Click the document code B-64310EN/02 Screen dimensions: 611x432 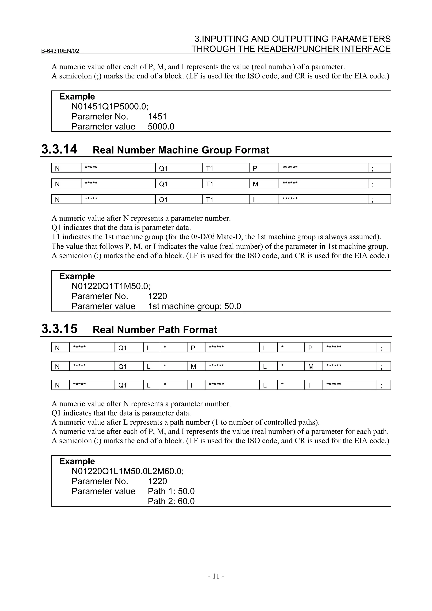(x=60, y=51)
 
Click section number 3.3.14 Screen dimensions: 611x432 (x=59, y=149)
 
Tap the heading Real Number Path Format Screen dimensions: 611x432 (x=155, y=330)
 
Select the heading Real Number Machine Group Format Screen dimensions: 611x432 (x=181, y=150)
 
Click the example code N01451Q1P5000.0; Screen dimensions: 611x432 (x=110, y=107)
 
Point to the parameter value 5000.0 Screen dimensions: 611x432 (x=161, y=126)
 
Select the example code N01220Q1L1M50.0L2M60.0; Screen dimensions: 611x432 (x=127, y=471)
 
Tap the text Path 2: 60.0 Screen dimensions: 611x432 (x=171, y=501)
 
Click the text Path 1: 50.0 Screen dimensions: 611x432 (x=171, y=491)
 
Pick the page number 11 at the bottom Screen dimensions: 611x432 (x=216, y=576)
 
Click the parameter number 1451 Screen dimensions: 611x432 (x=157, y=117)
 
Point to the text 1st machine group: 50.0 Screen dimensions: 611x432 (x=194, y=306)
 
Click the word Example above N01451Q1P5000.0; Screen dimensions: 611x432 (x=77, y=97)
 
